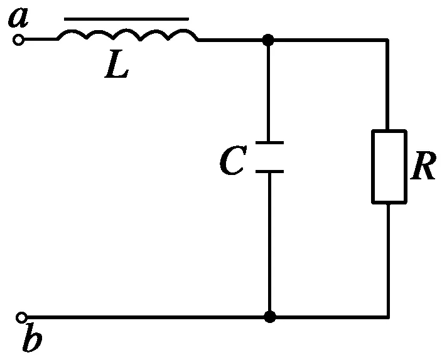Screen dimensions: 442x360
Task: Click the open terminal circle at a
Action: [x=18, y=40]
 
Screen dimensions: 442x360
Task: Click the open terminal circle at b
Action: [x=21, y=317]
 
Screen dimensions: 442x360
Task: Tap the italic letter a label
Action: [x=18, y=18]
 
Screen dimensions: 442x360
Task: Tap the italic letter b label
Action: [x=33, y=337]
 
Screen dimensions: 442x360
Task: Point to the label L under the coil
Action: [x=117, y=64]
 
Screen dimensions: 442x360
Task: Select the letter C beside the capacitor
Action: [x=233, y=161]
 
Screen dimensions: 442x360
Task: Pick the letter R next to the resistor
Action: [x=423, y=166]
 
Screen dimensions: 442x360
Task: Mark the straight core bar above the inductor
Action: [x=126, y=19]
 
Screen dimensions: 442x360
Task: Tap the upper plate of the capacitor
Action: [x=269, y=142]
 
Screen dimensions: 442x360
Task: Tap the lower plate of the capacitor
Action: [x=269, y=171]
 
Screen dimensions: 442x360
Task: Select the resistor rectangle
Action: [x=389, y=166]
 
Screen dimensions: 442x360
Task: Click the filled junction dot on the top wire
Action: [x=268, y=40]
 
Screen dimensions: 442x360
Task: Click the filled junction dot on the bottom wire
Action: [x=270, y=317]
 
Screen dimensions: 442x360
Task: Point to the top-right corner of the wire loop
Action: [x=388, y=40]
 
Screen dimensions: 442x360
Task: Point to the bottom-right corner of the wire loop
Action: [x=388, y=317]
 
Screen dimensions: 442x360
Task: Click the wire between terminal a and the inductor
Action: [x=41, y=40]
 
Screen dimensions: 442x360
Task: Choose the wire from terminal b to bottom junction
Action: [x=146, y=317]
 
